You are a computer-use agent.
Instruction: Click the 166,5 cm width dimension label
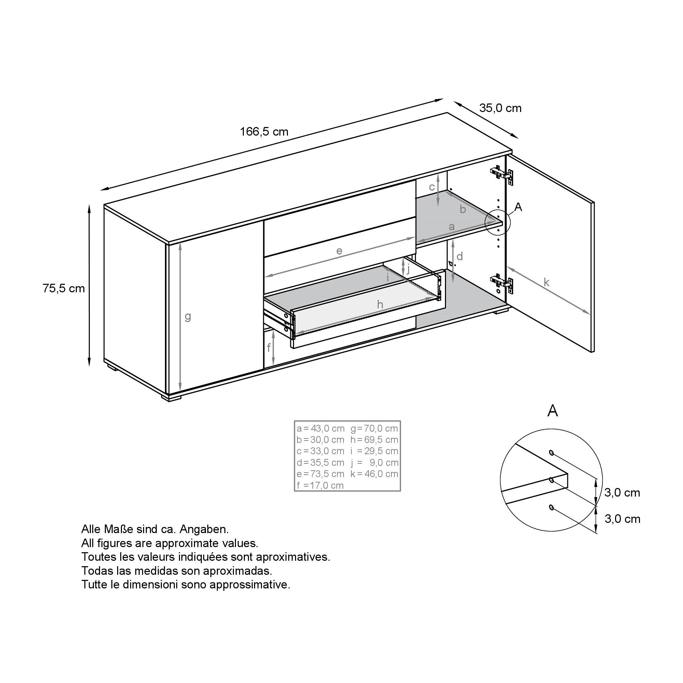264,132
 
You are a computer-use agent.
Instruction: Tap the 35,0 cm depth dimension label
500,108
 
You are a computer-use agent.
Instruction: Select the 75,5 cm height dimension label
64,289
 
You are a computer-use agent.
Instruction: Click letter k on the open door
546,282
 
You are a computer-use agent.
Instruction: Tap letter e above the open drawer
339,251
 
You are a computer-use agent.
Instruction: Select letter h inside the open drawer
380,304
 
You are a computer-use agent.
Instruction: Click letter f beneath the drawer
269,348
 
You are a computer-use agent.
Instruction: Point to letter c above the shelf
432,187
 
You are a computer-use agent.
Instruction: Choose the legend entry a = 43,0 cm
320,429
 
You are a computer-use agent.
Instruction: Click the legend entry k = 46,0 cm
374,474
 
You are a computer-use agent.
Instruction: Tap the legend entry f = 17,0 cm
320,485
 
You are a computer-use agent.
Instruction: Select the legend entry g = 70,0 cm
374,429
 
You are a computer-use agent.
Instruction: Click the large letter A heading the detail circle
552,411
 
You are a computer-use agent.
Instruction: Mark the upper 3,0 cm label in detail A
622,492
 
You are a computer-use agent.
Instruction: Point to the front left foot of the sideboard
171,398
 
